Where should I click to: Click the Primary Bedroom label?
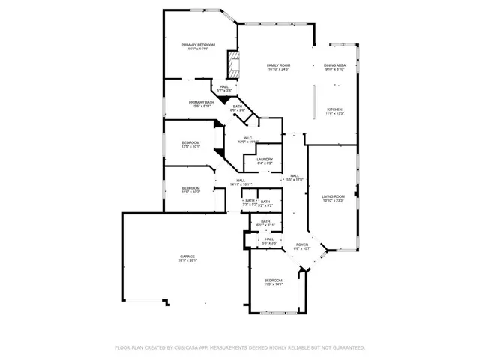[198, 46]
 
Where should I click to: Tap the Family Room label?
[279, 66]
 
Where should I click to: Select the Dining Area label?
[334, 66]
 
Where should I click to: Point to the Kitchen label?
[334, 110]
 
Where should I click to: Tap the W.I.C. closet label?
[247, 138]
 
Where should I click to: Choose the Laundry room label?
[264, 159]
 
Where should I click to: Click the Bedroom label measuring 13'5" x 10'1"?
[190, 143]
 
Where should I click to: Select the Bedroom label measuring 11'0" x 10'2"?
[190, 188]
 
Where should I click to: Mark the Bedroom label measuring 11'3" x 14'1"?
[272, 280]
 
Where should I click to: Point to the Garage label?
[187, 256]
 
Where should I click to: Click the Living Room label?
[333, 196]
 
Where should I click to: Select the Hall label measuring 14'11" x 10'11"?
[241, 181]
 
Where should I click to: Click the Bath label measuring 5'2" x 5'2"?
[265, 202]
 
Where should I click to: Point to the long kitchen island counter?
[313, 103]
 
